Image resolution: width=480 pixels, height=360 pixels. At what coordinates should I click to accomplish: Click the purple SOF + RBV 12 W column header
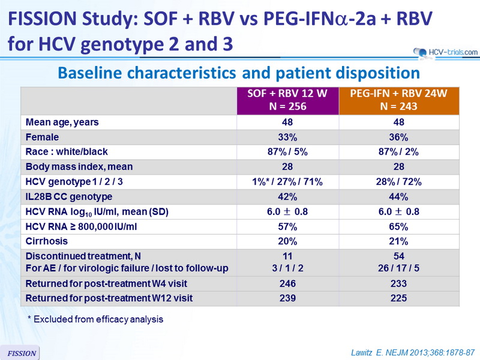click(x=287, y=100)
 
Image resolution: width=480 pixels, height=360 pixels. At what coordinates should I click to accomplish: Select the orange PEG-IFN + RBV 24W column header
click(x=398, y=100)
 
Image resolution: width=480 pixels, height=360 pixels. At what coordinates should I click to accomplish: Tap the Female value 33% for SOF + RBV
click(x=287, y=137)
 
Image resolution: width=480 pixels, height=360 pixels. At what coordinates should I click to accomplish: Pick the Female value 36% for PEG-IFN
click(x=398, y=137)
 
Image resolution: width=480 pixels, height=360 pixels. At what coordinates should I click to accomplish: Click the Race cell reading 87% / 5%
click(x=287, y=152)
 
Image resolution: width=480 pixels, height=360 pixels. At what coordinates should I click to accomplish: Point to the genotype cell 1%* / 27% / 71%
click(x=287, y=182)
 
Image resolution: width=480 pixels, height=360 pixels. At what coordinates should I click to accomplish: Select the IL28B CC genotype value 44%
click(x=398, y=197)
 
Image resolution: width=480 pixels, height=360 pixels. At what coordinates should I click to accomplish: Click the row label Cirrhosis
click(x=47, y=241)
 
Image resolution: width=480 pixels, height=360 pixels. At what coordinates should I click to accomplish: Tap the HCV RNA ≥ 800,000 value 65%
click(x=398, y=227)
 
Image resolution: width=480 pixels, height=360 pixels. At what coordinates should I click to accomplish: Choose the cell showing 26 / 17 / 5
click(x=398, y=268)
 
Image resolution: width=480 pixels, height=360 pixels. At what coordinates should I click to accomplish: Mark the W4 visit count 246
click(x=287, y=283)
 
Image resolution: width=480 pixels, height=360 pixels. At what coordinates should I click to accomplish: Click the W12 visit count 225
click(x=398, y=298)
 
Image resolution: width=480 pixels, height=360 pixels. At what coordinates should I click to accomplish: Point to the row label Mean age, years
click(x=62, y=122)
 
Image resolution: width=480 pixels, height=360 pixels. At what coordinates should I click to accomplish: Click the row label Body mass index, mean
click(x=79, y=167)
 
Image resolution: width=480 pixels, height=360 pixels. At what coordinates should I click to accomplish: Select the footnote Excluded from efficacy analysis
click(x=95, y=319)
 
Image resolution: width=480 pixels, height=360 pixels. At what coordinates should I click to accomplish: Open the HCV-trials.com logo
click(x=445, y=52)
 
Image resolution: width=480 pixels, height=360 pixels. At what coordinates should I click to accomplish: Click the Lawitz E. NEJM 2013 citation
click(x=413, y=353)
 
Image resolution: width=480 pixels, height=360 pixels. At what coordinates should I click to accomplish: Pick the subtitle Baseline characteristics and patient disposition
click(x=239, y=73)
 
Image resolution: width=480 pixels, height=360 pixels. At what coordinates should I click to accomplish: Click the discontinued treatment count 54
click(x=398, y=256)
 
